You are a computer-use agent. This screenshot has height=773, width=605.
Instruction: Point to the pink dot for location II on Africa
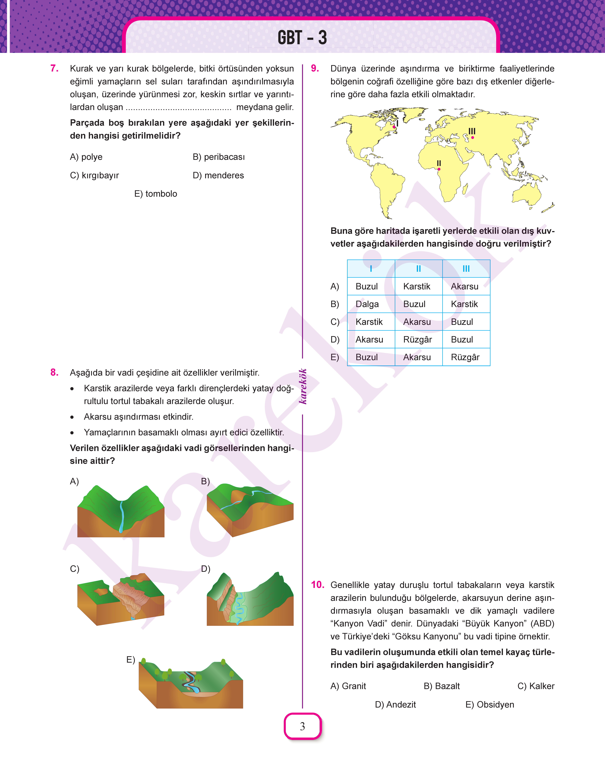click(439, 169)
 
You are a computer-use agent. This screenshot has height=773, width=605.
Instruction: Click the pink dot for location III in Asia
click(473, 137)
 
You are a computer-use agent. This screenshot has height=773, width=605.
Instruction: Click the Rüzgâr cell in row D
click(418, 340)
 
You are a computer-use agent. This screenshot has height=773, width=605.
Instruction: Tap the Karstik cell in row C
click(369, 322)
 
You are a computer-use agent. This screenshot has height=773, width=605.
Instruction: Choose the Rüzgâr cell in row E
click(465, 357)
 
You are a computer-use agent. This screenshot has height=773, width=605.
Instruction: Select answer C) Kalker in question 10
click(536, 686)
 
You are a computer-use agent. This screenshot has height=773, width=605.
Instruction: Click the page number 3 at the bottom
click(302, 726)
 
